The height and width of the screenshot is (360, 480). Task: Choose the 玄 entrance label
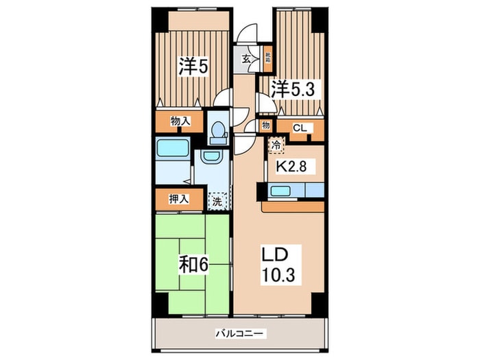click(x=245, y=58)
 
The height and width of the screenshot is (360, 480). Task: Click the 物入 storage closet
click(x=180, y=121)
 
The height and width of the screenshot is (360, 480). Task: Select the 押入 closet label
click(x=180, y=200)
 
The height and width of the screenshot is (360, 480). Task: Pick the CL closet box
click(x=300, y=127)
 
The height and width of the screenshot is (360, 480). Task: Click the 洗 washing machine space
click(x=217, y=202)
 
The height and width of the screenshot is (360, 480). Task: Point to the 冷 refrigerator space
click(x=276, y=145)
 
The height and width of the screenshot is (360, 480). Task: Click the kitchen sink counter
click(x=295, y=190)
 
